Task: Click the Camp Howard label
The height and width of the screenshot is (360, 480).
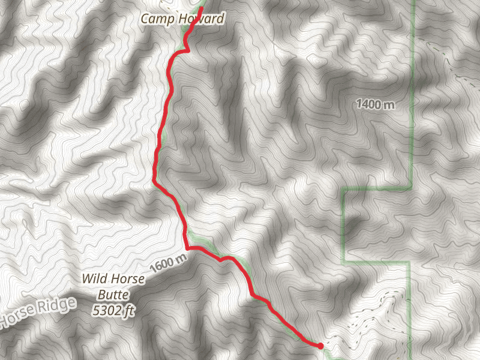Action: click(x=182, y=19)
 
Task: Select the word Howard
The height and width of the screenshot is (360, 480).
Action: click(x=202, y=19)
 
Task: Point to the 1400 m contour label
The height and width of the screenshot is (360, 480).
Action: click(x=375, y=104)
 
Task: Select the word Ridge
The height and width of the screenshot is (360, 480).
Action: click(x=58, y=306)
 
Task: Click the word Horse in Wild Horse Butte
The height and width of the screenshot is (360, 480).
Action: click(x=124, y=278)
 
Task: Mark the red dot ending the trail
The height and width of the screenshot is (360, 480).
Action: click(x=320, y=346)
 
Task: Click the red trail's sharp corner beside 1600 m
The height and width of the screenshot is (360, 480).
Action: click(x=188, y=247)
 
